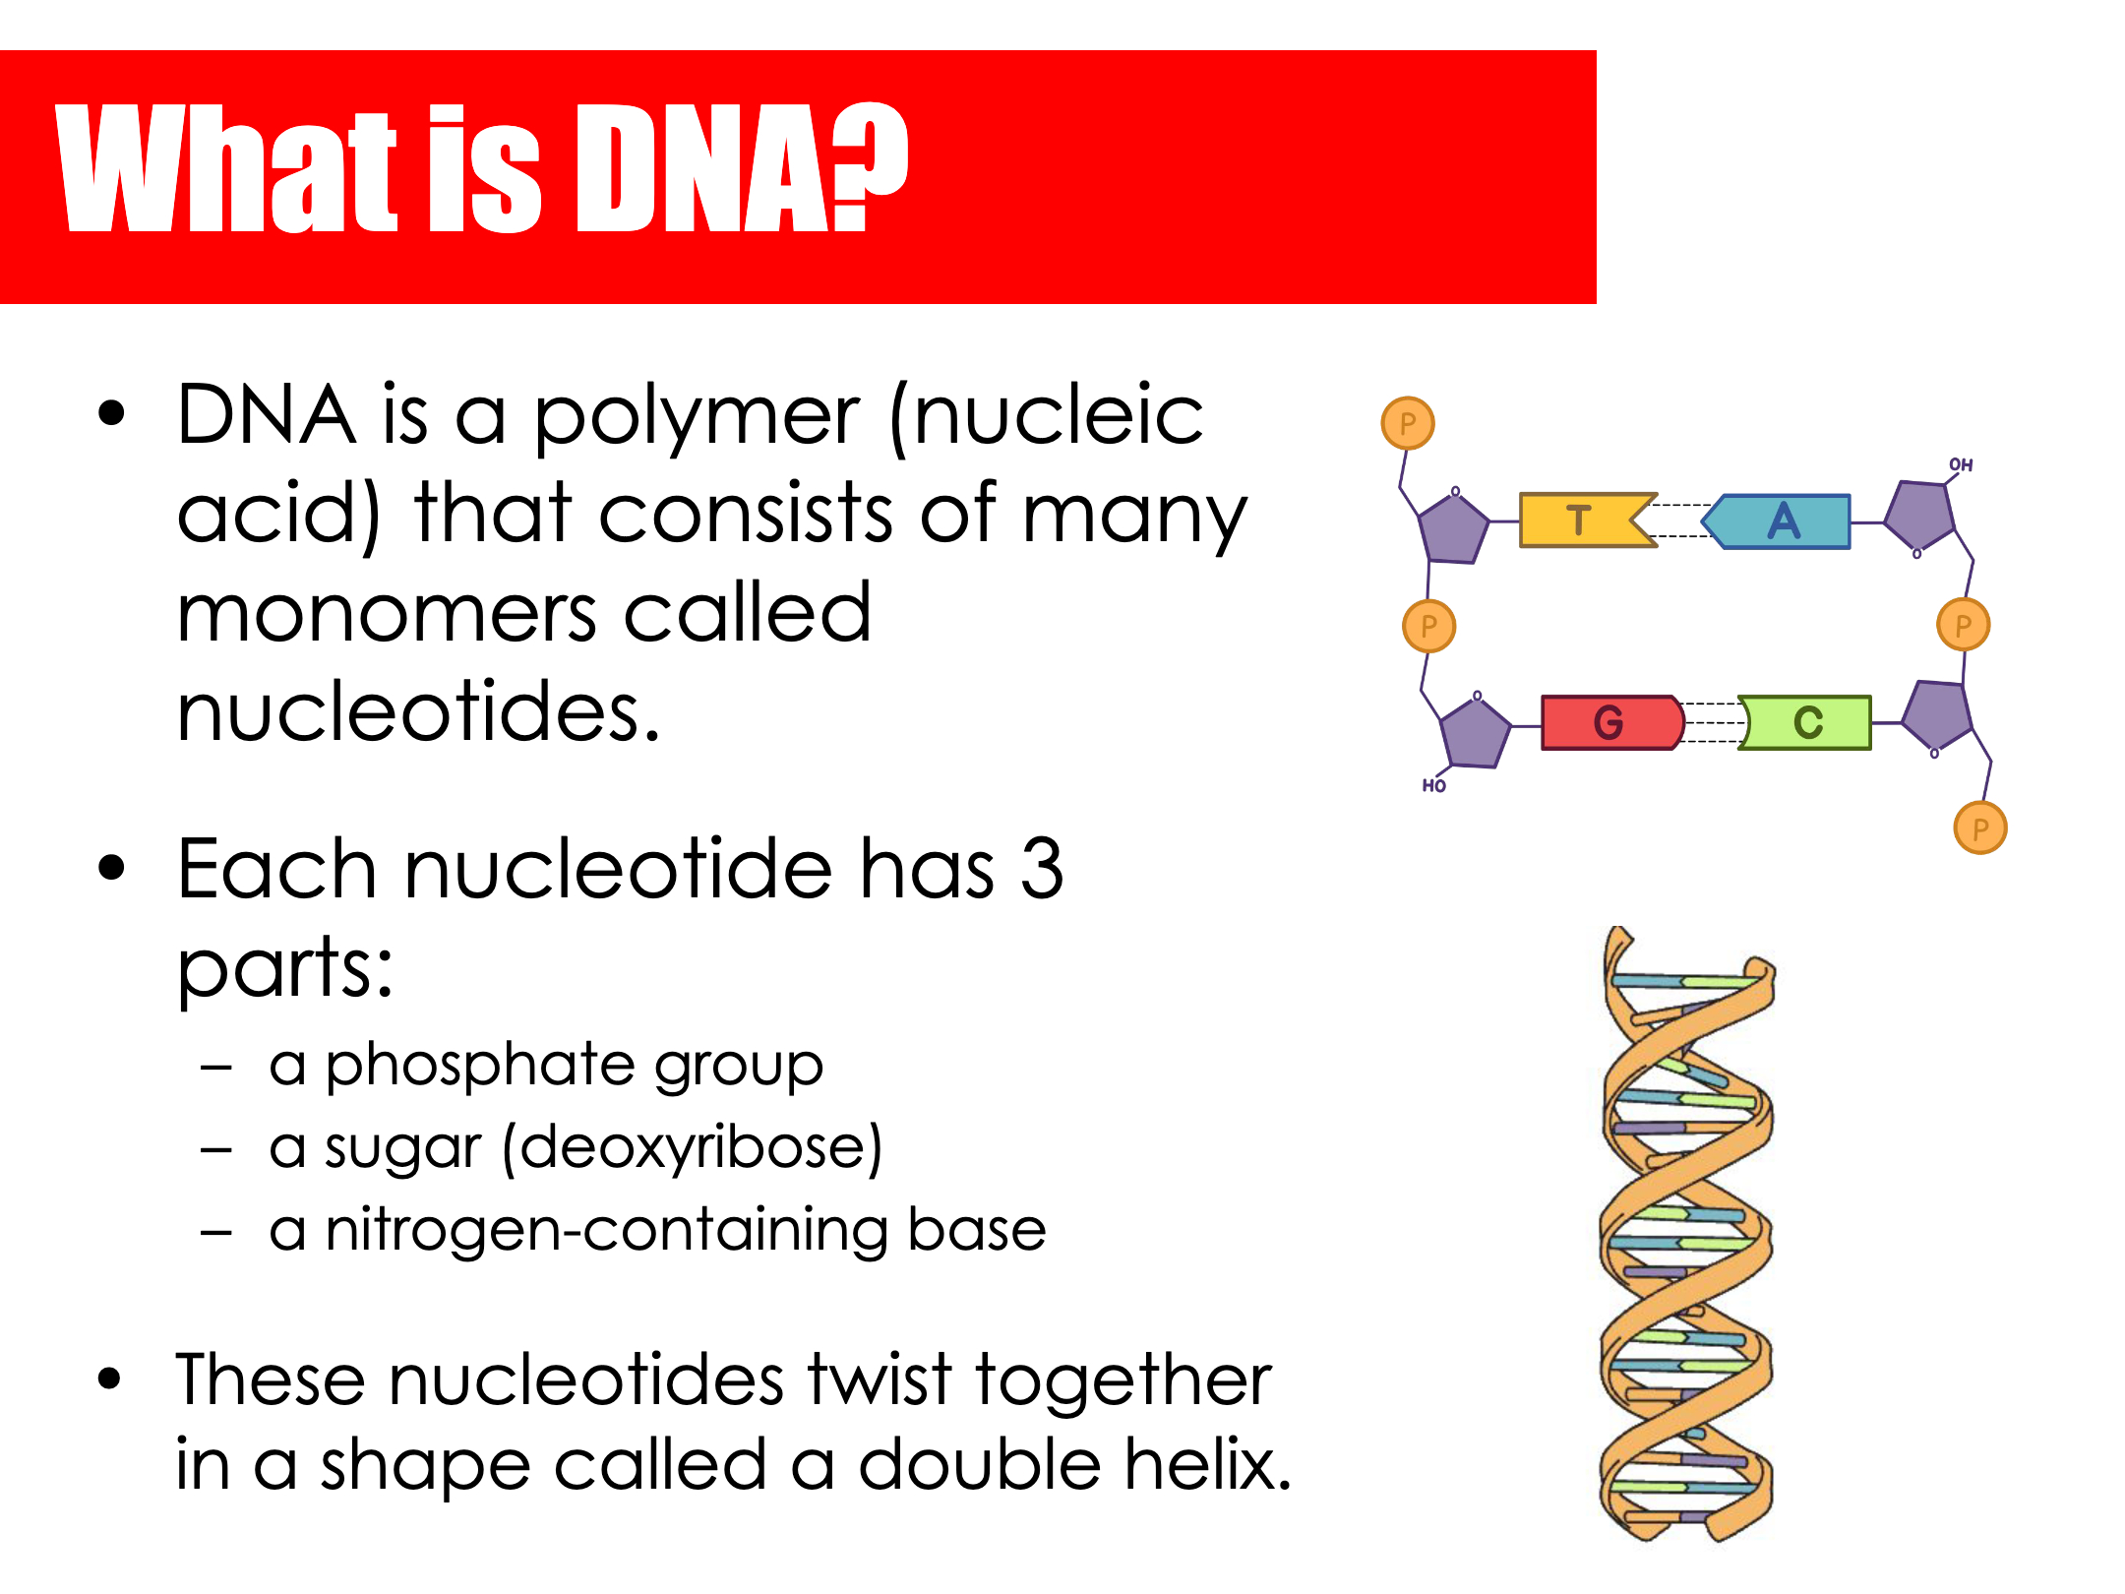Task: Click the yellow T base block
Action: [x=1586, y=520]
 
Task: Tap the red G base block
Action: [x=1611, y=722]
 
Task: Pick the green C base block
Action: [x=1805, y=722]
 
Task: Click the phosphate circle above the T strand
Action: [x=1408, y=423]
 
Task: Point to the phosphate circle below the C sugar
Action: [x=1980, y=828]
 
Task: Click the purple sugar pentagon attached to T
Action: [x=1452, y=526]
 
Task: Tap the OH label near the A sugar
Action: [x=1961, y=464]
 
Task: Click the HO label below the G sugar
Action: [x=1433, y=785]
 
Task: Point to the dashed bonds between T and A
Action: [x=1680, y=521]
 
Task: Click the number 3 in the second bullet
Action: [x=1042, y=868]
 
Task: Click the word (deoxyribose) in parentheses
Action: [x=693, y=1147]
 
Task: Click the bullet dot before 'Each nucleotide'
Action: [x=112, y=868]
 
